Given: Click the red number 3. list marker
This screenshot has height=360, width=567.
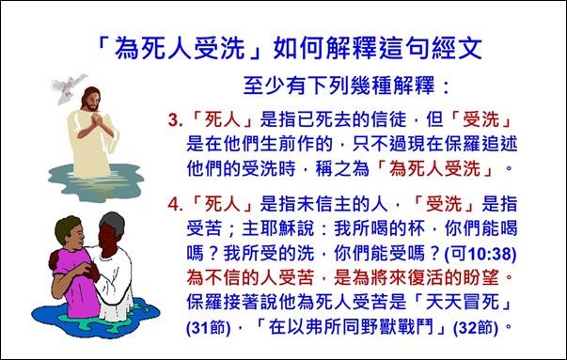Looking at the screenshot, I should tap(173, 123).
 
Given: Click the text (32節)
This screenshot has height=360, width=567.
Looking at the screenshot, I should tap(471, 329).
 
